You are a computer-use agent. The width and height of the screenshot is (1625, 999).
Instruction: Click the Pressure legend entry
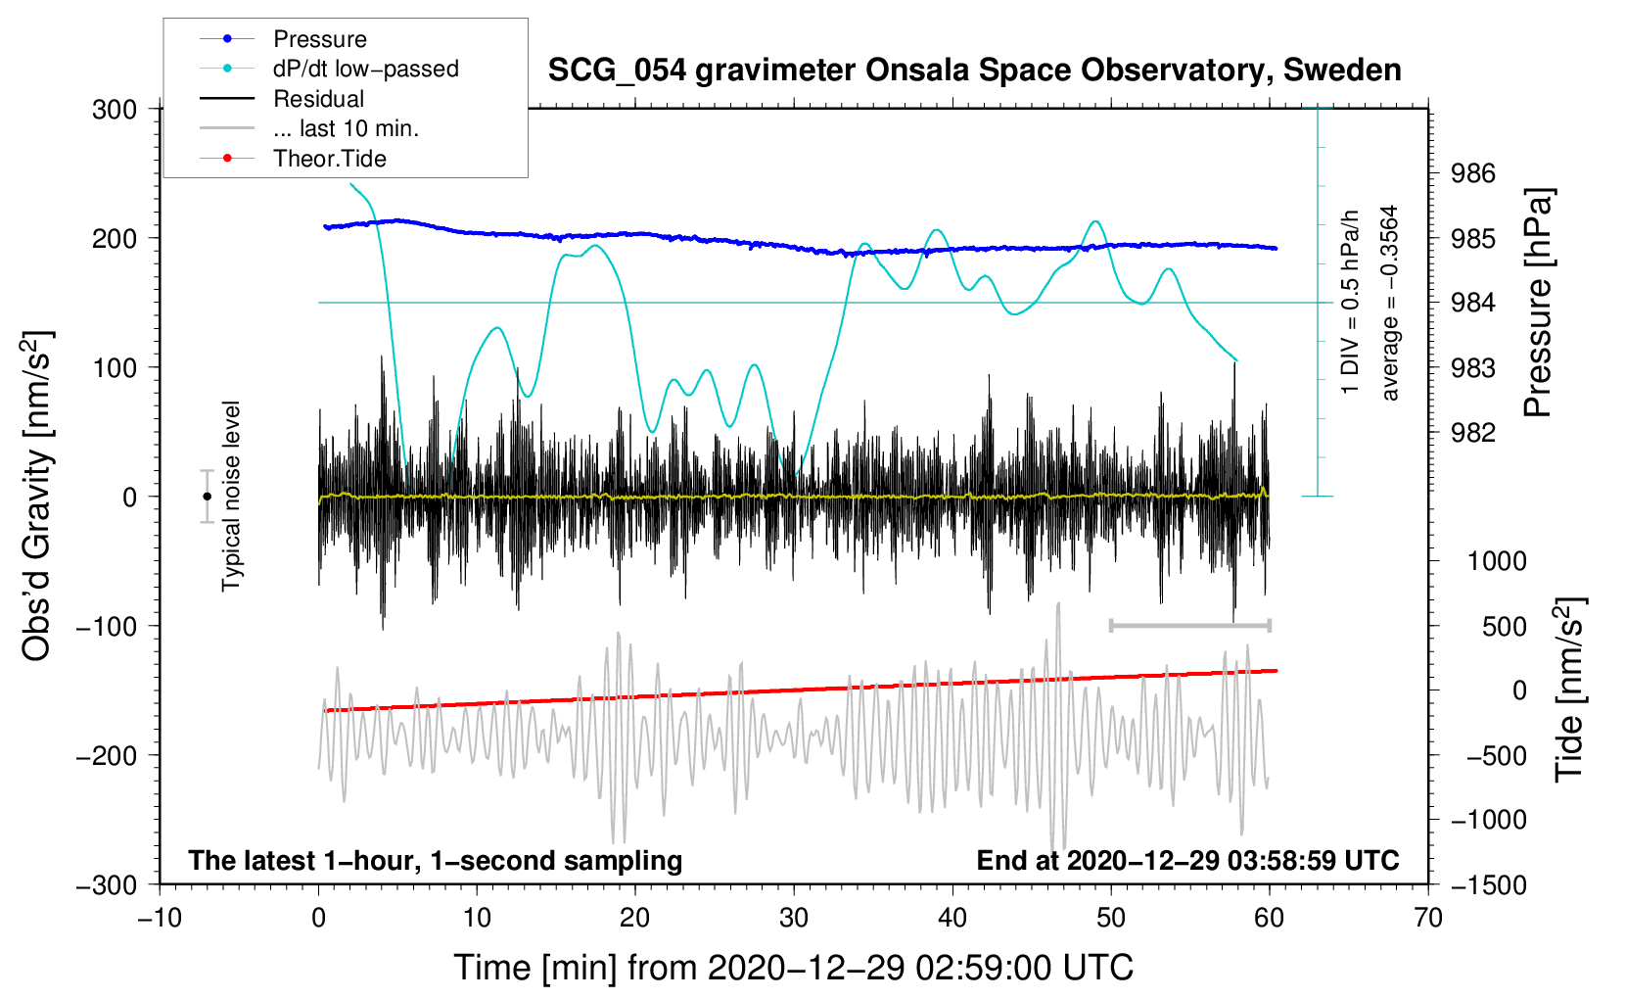point(284,38)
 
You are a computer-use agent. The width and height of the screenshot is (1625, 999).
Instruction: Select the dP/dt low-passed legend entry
point(329,69)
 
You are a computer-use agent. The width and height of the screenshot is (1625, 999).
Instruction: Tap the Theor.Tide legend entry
point(293,159)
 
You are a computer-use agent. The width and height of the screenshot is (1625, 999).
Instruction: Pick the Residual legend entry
point(282,99)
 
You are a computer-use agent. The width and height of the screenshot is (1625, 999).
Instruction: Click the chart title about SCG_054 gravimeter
point(974,71)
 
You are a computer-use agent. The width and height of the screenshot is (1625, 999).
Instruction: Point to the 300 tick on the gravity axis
point(114,110)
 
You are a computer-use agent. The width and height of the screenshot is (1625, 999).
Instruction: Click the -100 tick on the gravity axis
point(106,626)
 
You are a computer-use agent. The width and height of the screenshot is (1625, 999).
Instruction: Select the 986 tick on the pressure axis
point(1472,173)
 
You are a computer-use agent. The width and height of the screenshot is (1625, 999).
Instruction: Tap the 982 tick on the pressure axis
point(1472,433)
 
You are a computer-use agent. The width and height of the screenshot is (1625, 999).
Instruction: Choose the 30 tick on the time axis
point(794,918)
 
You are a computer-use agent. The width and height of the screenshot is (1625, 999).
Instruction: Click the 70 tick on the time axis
point(1427,918)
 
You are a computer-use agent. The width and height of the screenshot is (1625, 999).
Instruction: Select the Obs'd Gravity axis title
point(36,497)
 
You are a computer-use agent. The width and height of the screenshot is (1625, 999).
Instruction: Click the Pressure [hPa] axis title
point(1538,303)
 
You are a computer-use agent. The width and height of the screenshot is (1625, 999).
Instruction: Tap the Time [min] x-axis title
point(794,969)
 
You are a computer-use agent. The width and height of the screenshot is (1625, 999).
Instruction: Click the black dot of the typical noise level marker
point(207,497)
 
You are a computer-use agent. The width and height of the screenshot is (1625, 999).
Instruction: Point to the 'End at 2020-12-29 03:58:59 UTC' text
point(1187,860)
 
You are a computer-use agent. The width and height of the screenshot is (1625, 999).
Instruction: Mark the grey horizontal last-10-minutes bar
point(1189,625)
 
